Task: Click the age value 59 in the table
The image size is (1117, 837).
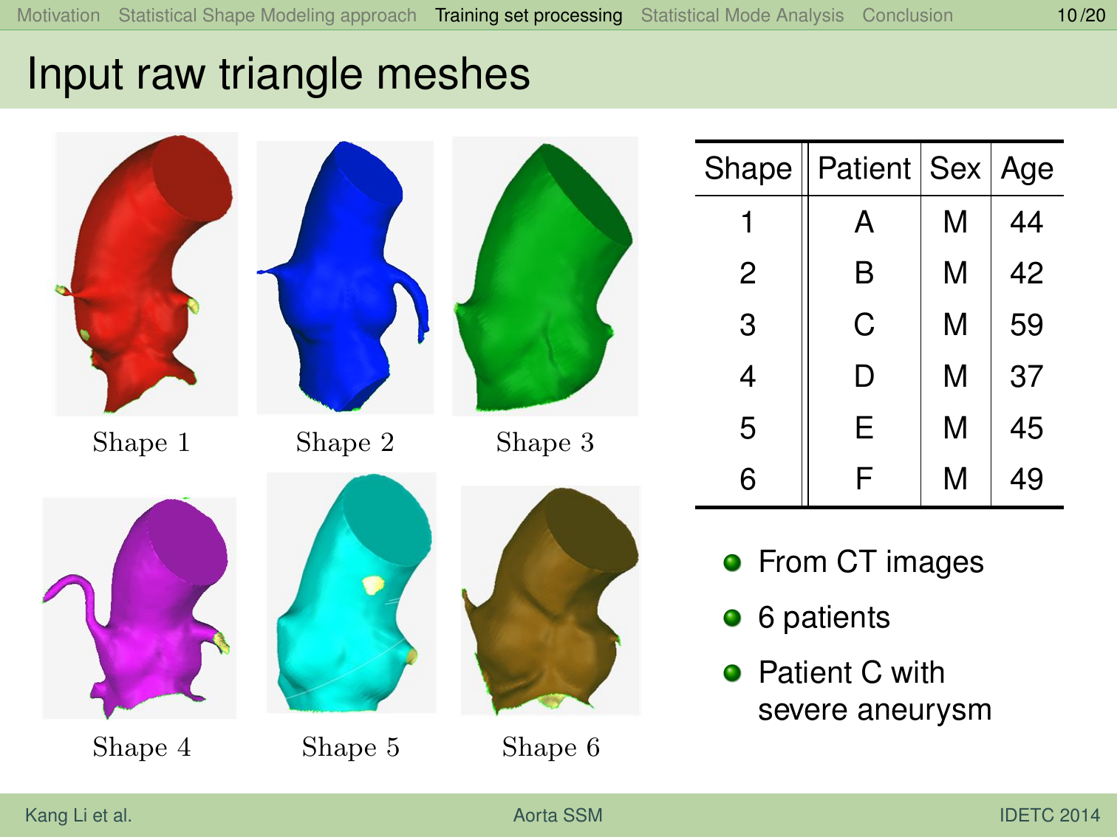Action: click(x=1026, y=325)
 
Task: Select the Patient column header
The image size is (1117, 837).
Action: click(x=864, y=168)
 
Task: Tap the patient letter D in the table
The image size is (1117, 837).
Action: click(x=864, y=376)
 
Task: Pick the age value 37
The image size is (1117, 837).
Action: click(x=1026, y=376)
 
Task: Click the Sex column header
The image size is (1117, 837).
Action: click(x=954, y=168)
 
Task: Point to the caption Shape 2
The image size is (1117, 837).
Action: click(x=345, y=441)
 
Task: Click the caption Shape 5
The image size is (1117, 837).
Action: click(x=351, y=746)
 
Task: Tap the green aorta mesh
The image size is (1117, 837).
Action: click(x=544, y=277)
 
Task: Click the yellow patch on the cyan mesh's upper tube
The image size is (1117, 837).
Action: click(x=373, y=585)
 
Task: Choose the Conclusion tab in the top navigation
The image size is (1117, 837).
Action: click(x=907, y=15)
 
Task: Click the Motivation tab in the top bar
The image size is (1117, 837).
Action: click(x=58, y=15)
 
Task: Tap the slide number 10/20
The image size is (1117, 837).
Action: click(x=1082, y=15)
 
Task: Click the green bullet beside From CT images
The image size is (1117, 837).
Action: click(x=732, y=562)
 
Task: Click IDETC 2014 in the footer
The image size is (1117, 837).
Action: click(x=1049, y=815)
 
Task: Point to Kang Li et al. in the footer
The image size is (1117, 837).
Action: click(x=78, y=815)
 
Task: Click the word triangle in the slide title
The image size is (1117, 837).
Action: click(x=290, y=75)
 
